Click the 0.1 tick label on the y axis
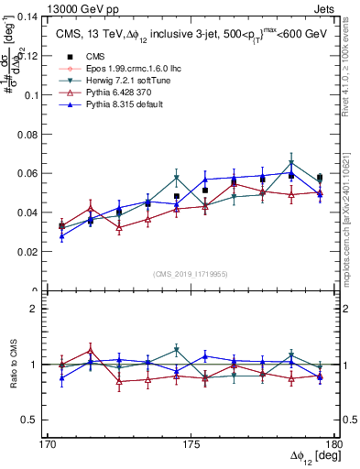(x=37, y=95)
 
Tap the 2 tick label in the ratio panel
(x=41, y=309)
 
